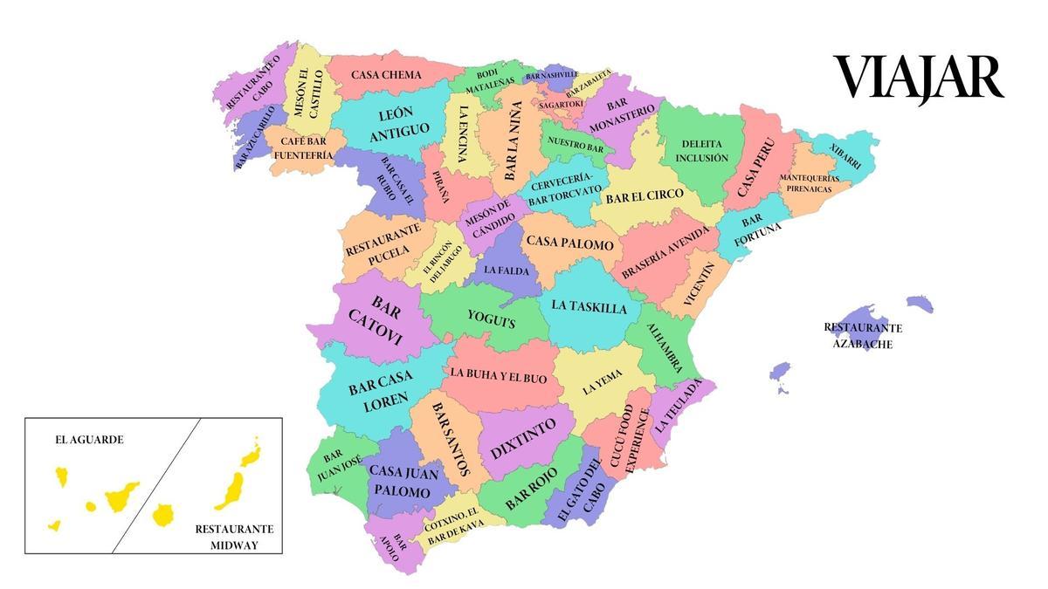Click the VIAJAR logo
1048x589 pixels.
[x=918, y=78]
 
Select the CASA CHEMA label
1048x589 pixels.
[x=386, y=75]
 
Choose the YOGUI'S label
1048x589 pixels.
[x=491, y=320]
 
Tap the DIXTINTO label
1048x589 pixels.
[x=522, y=440]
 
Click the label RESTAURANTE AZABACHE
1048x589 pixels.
[x=863, y=336]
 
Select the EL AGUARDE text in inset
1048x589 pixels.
[x=88, y=440]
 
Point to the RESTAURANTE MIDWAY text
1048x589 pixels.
[x=234, y=538]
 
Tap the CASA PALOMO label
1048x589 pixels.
[x=569, y=244]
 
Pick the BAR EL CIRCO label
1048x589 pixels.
[x=645, y=197]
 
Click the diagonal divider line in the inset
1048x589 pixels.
[x=157, y=484]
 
